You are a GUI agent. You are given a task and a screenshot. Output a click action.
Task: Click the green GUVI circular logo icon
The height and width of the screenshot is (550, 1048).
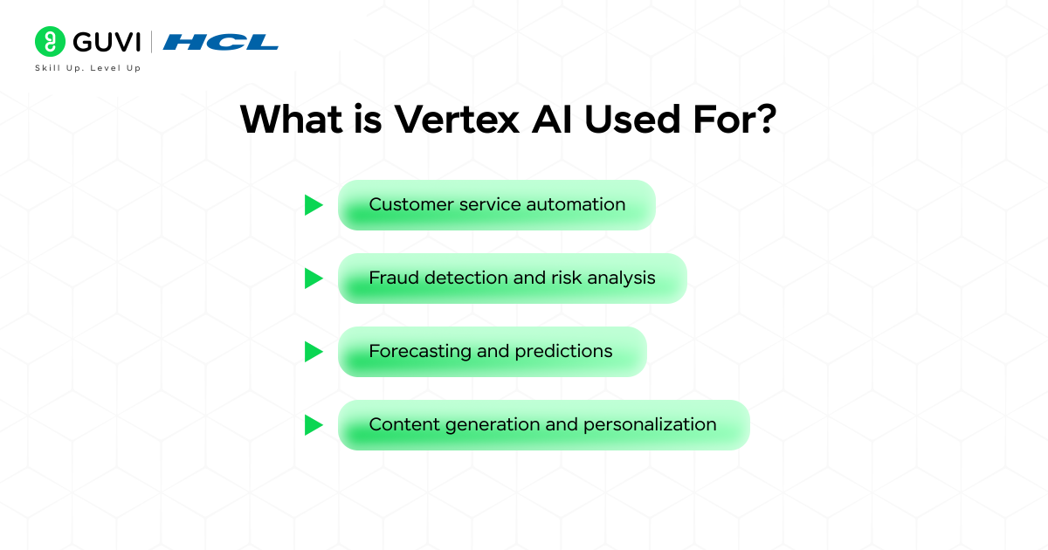[50, 41]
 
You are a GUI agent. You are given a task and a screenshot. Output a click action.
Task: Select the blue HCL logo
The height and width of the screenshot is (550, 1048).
[220, 41]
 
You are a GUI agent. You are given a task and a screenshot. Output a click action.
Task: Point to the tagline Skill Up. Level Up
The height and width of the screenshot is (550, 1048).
[87, 68]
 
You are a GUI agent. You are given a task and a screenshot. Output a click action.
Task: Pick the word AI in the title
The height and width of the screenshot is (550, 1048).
[552, 120]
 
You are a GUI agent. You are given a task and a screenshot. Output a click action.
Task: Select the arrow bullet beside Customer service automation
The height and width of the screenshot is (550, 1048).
[314, 205]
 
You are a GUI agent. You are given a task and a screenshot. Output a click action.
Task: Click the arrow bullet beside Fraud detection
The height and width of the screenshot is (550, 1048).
[314, 278]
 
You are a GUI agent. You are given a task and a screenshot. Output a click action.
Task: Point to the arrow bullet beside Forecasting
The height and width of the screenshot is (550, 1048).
[314, 352]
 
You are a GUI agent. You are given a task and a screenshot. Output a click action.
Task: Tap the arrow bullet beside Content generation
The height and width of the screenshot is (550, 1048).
[314, 425]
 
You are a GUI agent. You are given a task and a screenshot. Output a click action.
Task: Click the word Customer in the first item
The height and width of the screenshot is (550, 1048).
[405, 204]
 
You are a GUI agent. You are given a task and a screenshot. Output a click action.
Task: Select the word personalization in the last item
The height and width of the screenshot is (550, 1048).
[650, 424]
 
